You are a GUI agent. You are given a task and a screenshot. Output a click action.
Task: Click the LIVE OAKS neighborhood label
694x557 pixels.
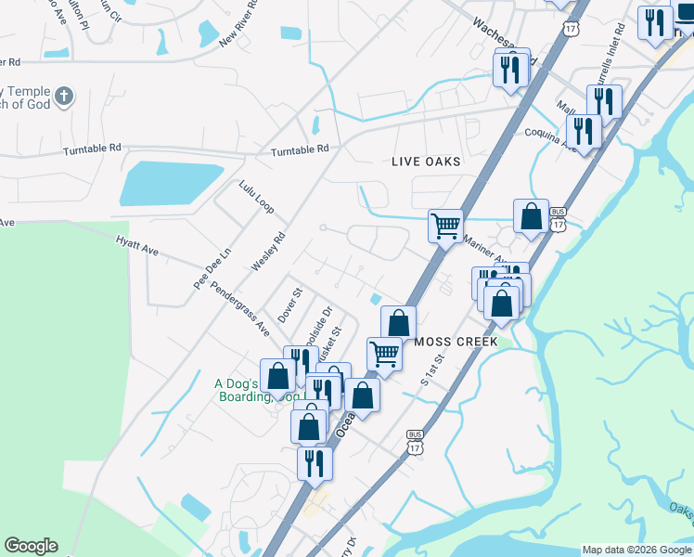pos(426,162)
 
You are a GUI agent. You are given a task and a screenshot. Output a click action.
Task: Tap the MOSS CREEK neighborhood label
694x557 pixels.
pos(456,342)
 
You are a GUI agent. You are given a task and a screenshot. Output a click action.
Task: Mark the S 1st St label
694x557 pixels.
pos(432,369)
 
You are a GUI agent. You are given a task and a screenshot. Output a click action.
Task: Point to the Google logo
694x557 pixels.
pos(31,546)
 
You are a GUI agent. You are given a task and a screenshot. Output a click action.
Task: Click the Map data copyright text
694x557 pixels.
pos(635,550)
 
